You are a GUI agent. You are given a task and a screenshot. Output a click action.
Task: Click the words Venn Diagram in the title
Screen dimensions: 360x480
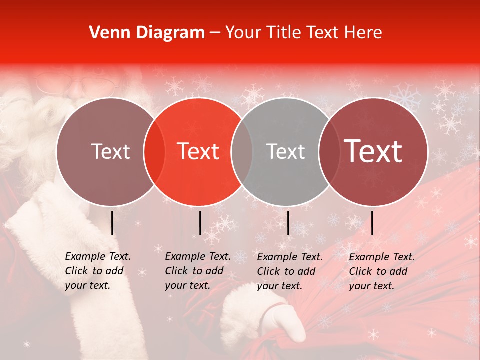pos(147,33)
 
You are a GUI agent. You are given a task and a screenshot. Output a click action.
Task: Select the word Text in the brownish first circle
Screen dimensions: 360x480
pos(111,152)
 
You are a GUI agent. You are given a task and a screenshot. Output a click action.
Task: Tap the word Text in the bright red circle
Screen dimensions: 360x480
pos(198,152)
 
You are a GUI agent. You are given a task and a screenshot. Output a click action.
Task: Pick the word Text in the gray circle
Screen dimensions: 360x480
pos(286,152)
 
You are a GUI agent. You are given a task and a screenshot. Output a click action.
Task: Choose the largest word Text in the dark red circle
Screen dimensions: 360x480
pos(373,152)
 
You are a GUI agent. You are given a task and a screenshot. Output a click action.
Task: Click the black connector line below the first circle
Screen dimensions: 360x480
pos(112,223)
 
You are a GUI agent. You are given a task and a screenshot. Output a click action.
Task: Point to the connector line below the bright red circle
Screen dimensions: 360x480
pos(200,223)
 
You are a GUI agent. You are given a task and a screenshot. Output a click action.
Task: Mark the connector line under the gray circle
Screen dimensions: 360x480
pos(288,223)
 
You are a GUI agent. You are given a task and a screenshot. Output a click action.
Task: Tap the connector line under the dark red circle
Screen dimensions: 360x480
pos(372,223)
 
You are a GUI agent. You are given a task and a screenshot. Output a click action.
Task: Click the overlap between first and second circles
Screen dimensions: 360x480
pos(154,152)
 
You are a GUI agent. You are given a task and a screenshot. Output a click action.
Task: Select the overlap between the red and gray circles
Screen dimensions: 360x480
pos(242,152)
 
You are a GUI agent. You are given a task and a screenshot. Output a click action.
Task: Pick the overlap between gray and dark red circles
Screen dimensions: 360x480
pos(329,152)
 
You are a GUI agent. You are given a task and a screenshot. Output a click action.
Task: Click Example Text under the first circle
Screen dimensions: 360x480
pos(98,257)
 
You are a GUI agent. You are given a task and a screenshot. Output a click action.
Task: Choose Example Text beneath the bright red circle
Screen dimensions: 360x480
pos(198,257)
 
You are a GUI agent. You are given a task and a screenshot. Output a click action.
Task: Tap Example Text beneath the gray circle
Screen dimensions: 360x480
pos(290,257)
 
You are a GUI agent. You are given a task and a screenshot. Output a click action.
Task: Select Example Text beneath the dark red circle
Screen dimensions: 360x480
pos(382,257)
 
